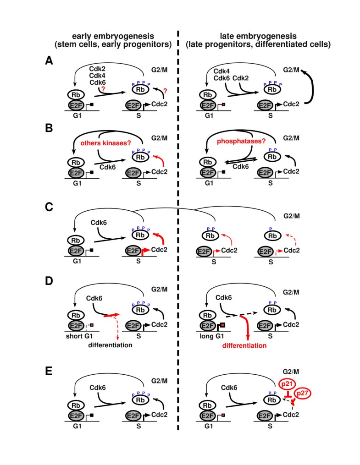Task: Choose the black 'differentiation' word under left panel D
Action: [x=112, y=345]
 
